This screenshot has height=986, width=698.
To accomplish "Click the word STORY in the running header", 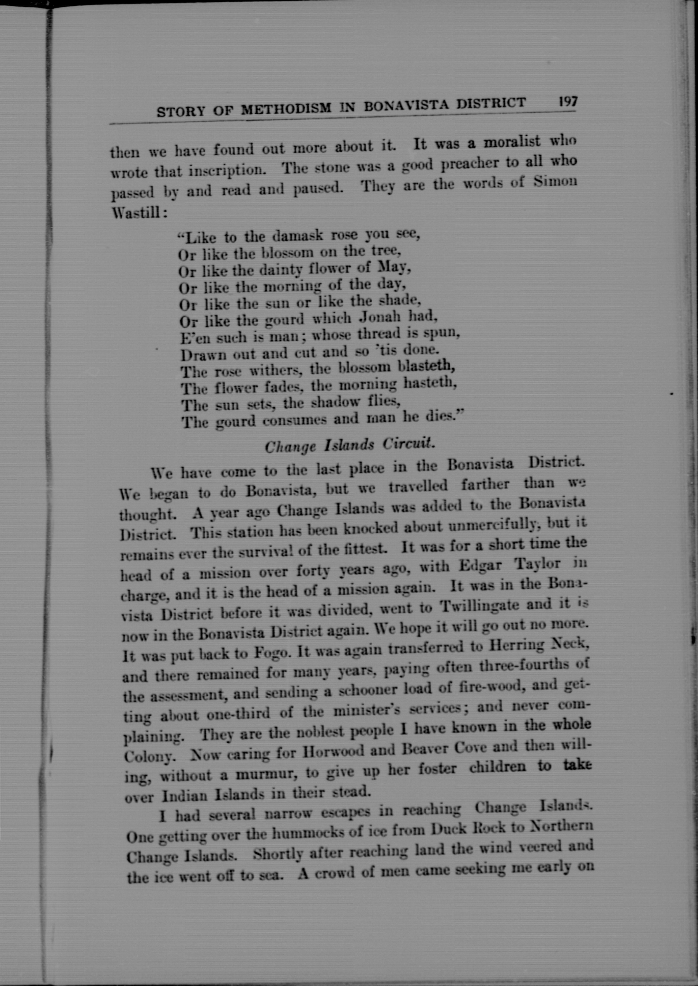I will point(181,112).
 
